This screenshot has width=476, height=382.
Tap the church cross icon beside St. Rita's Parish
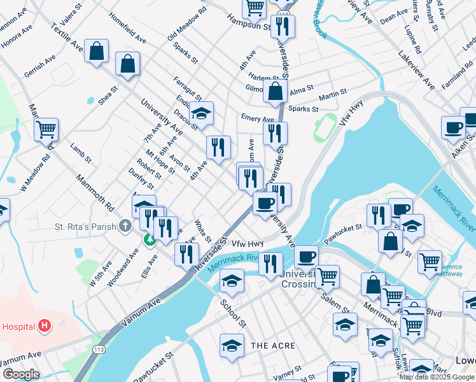pyautogui.click(x=126, y=226)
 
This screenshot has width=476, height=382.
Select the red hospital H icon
pyautogui.click(x=44, y=326)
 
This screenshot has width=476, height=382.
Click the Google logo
pyautogui.click(x=21, y=374)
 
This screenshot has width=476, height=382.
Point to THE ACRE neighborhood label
pyautogui.click(x=273, y=346)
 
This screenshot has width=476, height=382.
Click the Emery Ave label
pyautogui.click(x=257, y=118)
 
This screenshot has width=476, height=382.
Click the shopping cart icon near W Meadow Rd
pyautogui.click(x=46, y=129)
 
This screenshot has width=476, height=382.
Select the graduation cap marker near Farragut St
pyautogui.click(x=201, y=113)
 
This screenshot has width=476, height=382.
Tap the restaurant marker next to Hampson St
pyautogui.click(x=283, y=26)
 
